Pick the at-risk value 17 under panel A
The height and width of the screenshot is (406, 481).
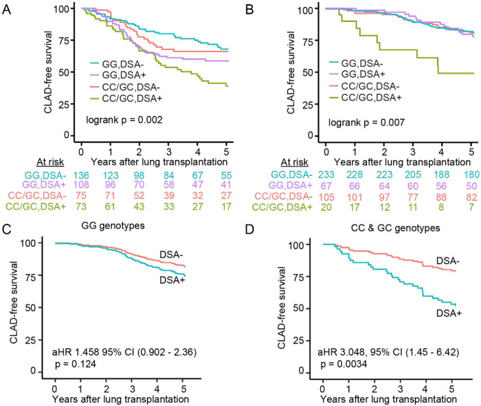[x=226, y=207]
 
